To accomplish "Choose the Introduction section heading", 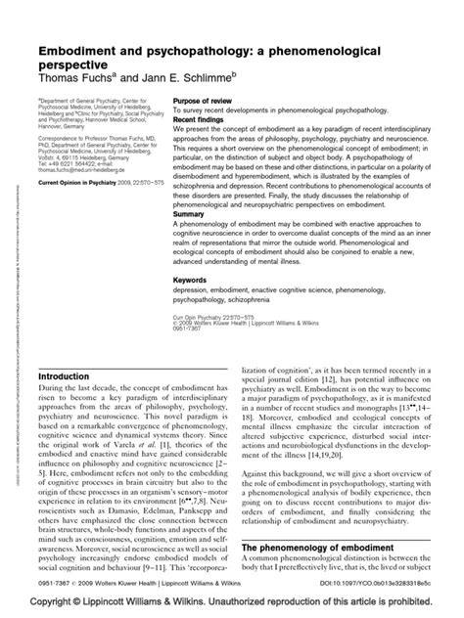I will (67, 349).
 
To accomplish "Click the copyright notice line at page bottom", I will (232, 602).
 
